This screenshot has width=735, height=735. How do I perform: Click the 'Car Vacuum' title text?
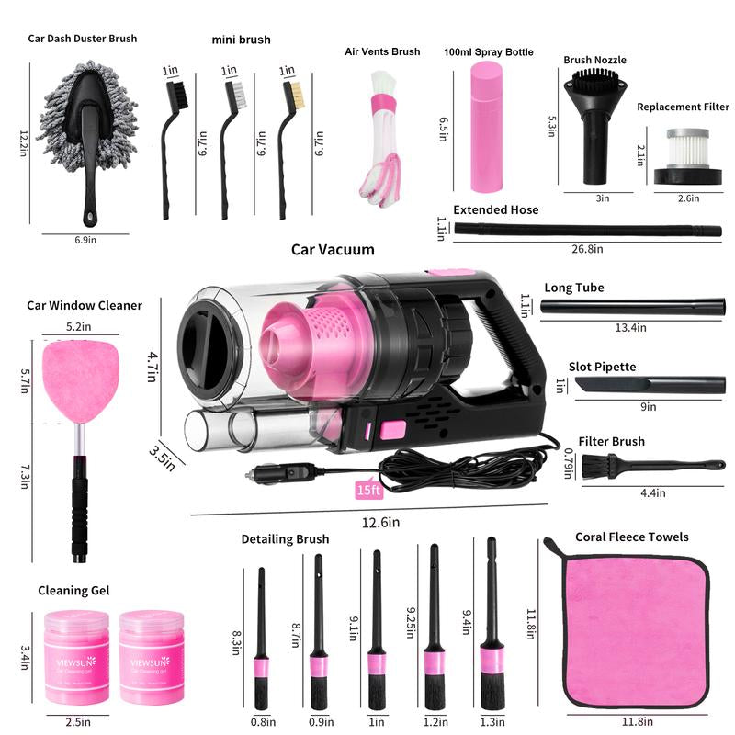(x=333, y=249)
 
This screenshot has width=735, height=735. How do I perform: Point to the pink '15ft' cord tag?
(x=368, y=491)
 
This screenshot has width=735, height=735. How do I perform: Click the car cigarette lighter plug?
(x=276, y=475)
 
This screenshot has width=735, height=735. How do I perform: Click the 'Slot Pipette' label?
(x=602, y=367)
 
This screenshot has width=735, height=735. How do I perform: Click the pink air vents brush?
(x=381, y=138)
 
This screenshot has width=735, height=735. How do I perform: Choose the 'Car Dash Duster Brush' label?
(x=83, y=39)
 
